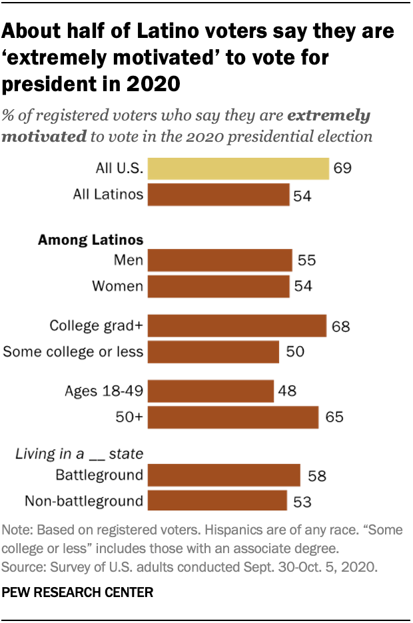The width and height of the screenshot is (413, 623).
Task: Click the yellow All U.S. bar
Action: point(238,168)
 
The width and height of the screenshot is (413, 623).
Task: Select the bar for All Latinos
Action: point(218,194)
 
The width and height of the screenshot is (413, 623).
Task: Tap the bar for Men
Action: point(220,260)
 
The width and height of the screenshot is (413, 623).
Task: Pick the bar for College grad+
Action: point(236,325)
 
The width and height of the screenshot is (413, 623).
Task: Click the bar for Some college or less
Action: point(213,351)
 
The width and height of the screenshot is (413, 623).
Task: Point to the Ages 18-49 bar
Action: point(210,391)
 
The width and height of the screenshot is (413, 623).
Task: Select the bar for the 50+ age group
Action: point(233,417)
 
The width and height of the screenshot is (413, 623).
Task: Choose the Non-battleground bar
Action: point(217,500)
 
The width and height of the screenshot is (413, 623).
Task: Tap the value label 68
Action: point(341,326)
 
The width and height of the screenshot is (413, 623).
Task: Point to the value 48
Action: point(288,391)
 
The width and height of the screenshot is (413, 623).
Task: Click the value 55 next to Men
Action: point(307,261)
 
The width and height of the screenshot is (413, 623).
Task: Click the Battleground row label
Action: point(99,475)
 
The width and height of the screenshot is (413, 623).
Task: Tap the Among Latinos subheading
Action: point(91,240)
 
